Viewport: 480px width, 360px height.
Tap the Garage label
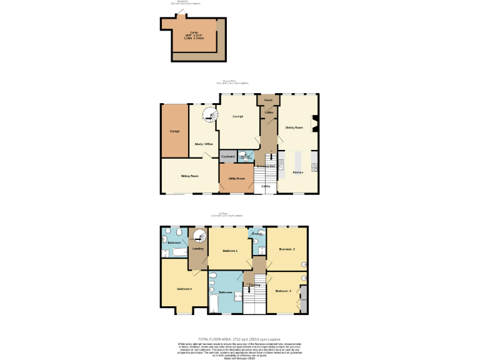(175, 131)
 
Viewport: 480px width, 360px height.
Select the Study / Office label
(204, 144)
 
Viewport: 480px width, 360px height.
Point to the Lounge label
(237, 116)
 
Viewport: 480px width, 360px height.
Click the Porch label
(268, 99)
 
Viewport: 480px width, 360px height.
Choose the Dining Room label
(294, 127)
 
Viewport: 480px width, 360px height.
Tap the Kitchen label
(298, 172)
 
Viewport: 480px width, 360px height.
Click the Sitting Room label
(190, 176)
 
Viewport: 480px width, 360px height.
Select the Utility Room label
(236, 179)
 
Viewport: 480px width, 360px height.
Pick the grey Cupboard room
(227, 156)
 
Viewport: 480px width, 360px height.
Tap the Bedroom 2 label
(287, 249)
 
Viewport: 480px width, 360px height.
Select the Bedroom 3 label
(284, 291)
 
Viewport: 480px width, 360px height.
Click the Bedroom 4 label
(184, 289)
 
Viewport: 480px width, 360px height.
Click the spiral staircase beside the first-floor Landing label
(199, 237)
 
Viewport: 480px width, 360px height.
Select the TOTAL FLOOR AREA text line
(239, 338)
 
